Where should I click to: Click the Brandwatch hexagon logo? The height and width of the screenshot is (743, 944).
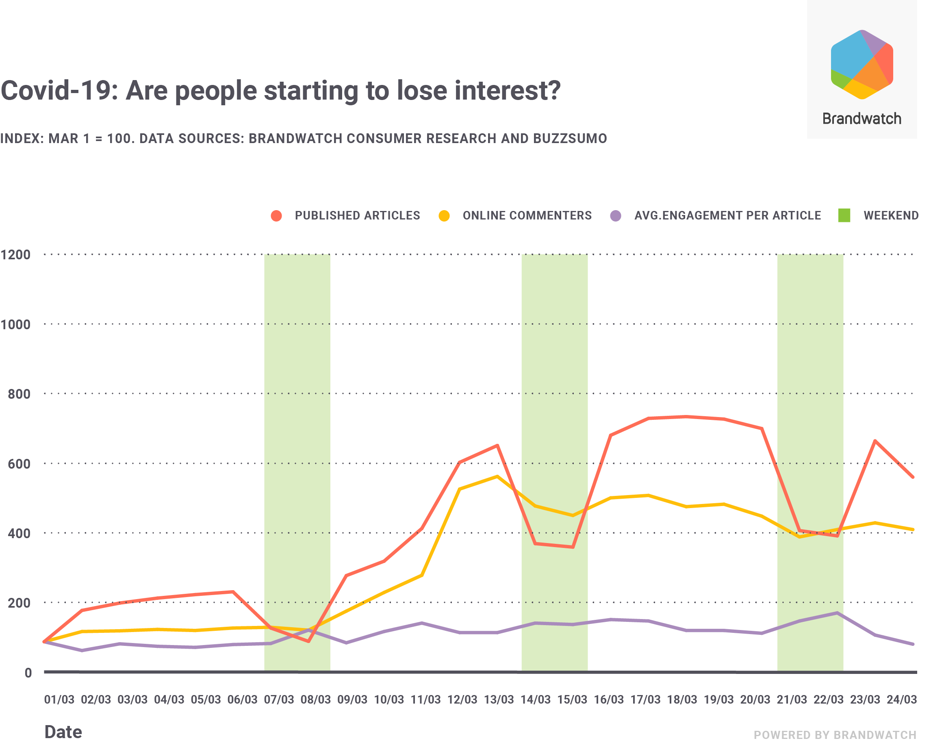coord(862,64)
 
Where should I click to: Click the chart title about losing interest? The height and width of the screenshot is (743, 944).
coord(280,91)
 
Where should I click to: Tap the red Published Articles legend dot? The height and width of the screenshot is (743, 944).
coord(276,216)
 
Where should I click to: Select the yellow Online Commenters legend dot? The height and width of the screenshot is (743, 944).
coord(444,216)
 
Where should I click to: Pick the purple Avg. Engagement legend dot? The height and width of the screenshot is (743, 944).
coord(615,216)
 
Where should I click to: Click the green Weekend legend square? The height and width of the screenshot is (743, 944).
coord(844,215)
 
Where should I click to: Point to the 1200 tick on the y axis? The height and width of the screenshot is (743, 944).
coord(16,254)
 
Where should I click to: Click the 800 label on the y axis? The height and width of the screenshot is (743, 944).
coord(19,394)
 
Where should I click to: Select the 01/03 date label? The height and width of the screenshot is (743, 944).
coord(59,700)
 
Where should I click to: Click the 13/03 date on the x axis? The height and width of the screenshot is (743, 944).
coord(499,700)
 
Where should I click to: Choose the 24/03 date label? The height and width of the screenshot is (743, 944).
coord(902,700)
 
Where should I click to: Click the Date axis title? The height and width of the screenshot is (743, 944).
coord(63,732)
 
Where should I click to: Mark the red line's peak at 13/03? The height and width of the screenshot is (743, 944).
coord(497,445)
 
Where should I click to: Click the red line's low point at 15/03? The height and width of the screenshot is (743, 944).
coord(573,547)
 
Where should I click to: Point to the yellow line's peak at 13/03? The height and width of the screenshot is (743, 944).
coord(497,476)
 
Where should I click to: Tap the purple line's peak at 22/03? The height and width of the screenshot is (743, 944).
coord(837,613)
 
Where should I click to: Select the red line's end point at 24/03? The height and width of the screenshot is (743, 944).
coord(913,477)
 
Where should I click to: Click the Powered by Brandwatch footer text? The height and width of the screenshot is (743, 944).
coord(835,735)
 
